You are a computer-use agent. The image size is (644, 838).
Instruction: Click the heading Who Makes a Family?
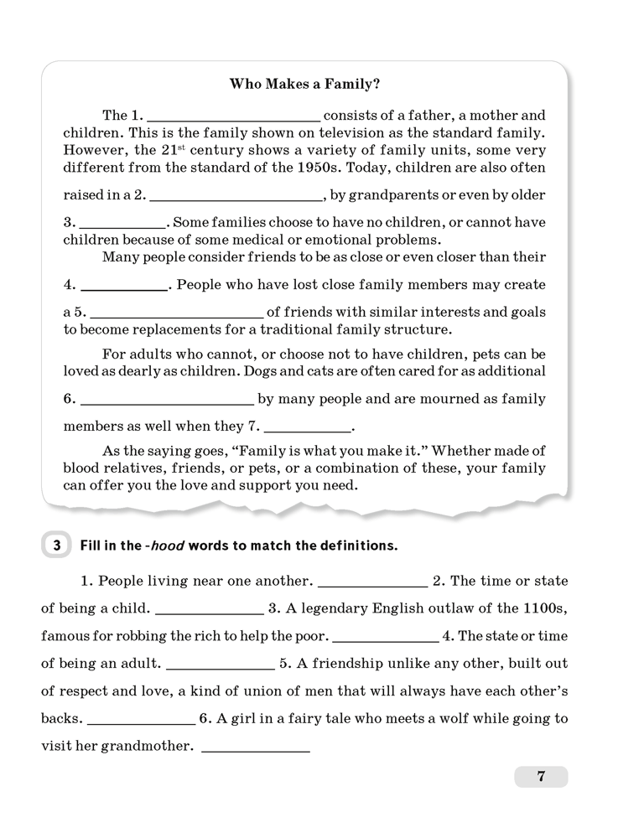point(304,84)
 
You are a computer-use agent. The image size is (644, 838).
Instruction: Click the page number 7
point(541,777)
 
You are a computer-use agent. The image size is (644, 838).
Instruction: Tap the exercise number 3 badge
point(56,546)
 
